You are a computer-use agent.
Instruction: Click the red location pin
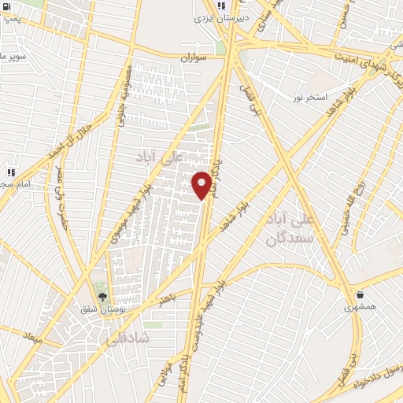[202, 185]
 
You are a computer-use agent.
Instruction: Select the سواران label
[193, 58]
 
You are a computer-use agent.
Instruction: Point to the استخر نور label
[309, 96]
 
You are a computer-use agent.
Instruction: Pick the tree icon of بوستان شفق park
[102, 297]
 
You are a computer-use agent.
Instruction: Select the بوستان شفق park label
[100, 310]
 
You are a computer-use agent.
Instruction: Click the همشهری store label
[360, 308]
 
